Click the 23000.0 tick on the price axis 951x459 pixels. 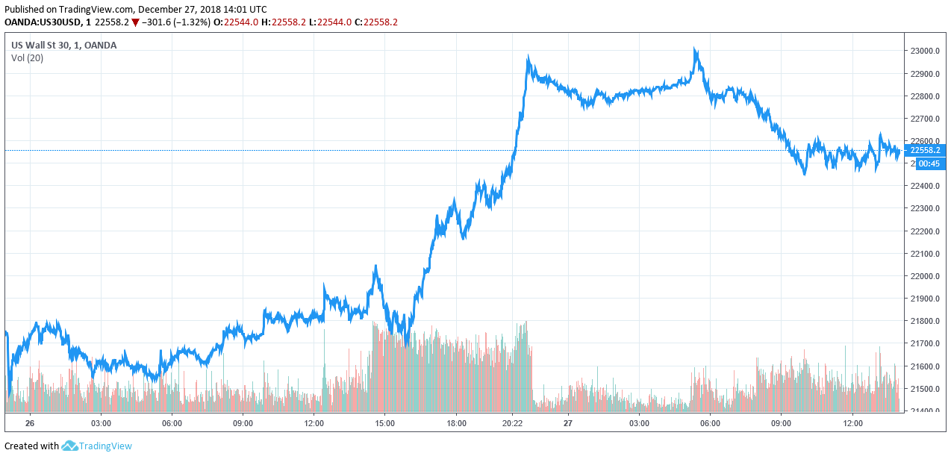924,51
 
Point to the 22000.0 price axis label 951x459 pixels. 924,276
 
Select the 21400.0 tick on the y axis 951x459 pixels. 924,411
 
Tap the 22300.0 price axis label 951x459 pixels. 924,209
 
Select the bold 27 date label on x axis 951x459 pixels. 568,423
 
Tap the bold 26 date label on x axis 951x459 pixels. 30,423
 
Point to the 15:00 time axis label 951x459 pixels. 384,423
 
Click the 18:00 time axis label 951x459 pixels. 456,423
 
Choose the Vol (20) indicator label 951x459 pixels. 27,58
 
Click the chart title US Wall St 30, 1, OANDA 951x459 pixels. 63,45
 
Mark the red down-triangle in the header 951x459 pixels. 135,22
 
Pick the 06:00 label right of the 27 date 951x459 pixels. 710,423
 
